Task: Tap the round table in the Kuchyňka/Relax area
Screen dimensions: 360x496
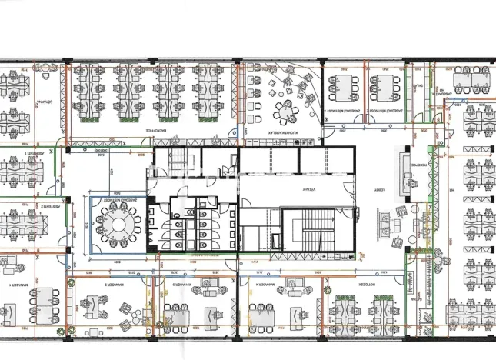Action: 287,113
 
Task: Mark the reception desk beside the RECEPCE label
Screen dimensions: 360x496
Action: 402,167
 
